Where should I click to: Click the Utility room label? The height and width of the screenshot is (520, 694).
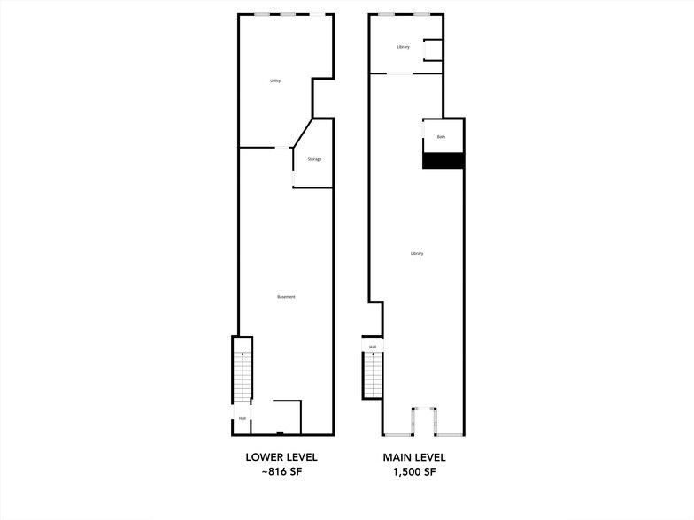275,81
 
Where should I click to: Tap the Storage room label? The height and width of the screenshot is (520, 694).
314,159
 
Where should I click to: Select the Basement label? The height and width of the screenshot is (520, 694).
286,297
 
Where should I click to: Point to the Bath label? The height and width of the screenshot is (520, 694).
442,137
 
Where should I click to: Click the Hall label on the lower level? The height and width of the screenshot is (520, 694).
242,418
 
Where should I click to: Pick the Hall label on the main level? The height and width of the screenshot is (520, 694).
373,347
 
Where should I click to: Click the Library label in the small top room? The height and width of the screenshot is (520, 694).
403,47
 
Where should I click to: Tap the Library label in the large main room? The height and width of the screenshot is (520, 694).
417,254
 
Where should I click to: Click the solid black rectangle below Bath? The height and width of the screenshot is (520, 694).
443,160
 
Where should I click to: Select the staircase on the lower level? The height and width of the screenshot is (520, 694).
243,376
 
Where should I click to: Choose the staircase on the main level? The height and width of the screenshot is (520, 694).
373,375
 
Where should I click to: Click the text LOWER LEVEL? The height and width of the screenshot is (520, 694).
281,457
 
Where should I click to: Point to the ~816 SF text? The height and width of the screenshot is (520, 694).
281,473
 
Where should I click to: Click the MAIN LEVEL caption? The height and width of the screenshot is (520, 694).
414,457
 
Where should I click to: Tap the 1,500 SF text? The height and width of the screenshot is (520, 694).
414,473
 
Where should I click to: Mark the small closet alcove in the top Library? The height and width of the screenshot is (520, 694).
432,50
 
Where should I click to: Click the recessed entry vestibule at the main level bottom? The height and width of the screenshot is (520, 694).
423,421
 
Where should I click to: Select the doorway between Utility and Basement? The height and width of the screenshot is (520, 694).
282,148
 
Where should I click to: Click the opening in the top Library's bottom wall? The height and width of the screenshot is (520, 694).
402,73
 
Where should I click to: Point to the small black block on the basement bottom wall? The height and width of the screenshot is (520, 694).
280,432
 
